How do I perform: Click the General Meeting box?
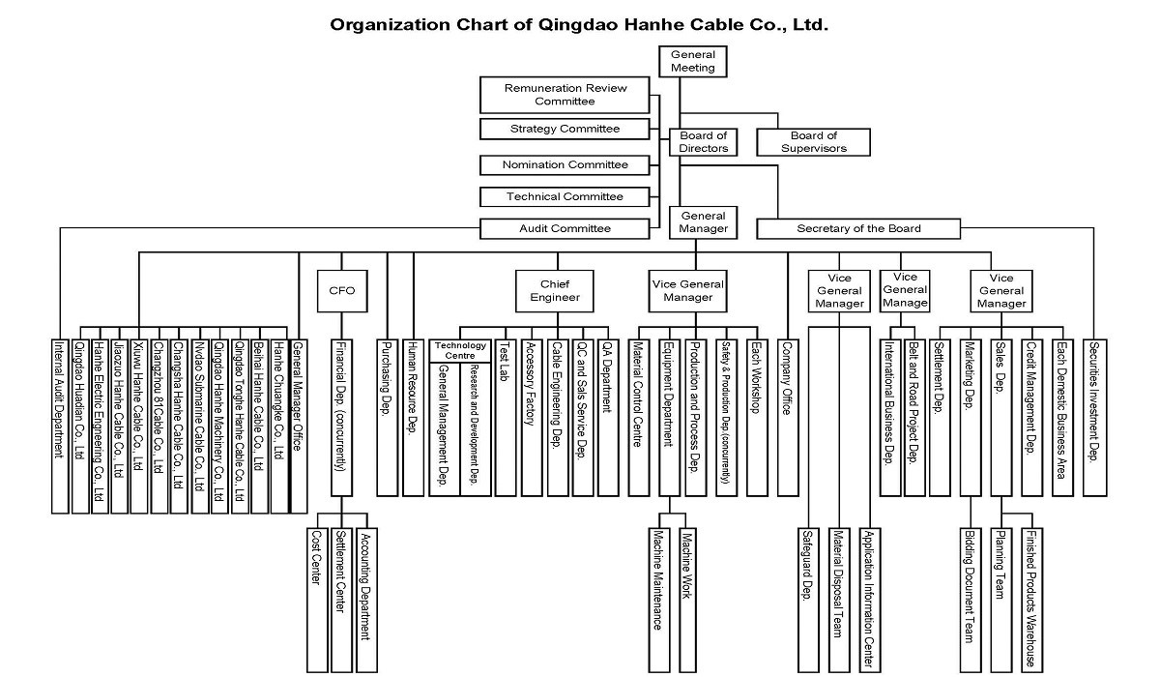693,62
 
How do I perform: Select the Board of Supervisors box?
813,142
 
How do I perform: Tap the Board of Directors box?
703,142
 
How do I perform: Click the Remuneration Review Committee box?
565,95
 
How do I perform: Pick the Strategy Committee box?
565,129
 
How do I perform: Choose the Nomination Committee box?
565,164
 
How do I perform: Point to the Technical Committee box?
565,197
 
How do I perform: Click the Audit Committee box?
565,229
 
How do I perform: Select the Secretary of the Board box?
858,229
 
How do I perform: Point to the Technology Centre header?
459,351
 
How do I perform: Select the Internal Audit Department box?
60,424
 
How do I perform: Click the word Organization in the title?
382,24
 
